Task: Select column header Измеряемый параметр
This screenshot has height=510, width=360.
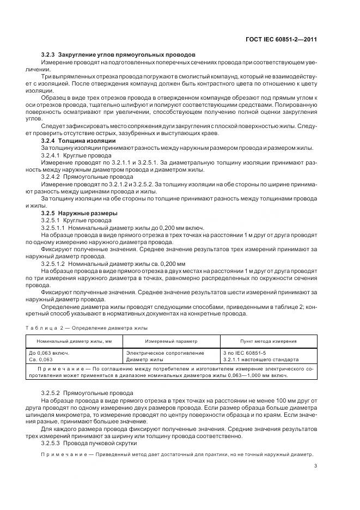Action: pos(171,341)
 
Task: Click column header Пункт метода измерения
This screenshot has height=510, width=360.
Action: pos(269,341)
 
